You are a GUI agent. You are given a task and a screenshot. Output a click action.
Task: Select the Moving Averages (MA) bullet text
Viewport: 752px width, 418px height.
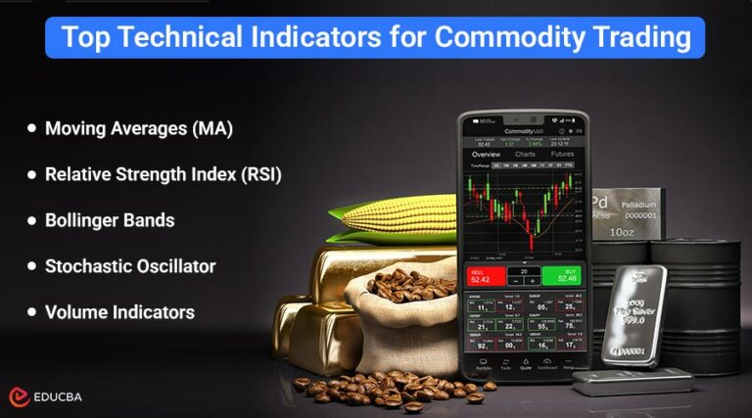click(x=139, y=128)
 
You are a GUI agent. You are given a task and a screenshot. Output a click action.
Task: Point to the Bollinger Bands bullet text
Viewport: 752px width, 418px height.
click(x=110, y=220)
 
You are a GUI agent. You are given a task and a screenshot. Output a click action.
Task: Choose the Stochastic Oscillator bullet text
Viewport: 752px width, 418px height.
click(x=130, y=266)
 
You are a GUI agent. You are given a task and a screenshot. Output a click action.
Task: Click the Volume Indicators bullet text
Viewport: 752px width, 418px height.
click(x=119, y=312)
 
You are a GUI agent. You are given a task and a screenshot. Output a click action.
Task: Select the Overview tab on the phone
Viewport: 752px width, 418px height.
click(x=486, y=154)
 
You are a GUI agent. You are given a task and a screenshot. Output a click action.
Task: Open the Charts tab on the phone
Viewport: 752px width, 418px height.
click(x=525, y=154)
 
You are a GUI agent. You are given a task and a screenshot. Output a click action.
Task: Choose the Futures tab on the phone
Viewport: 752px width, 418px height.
click(x=562, y=154)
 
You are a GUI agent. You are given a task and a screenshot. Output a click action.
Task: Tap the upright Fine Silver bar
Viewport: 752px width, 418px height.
click(x=633, y=314)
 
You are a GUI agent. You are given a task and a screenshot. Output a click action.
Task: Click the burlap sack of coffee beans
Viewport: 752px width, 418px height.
click(x=401, y=313)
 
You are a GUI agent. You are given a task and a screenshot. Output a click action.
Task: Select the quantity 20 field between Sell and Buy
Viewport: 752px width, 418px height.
click(x=524, y=270)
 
